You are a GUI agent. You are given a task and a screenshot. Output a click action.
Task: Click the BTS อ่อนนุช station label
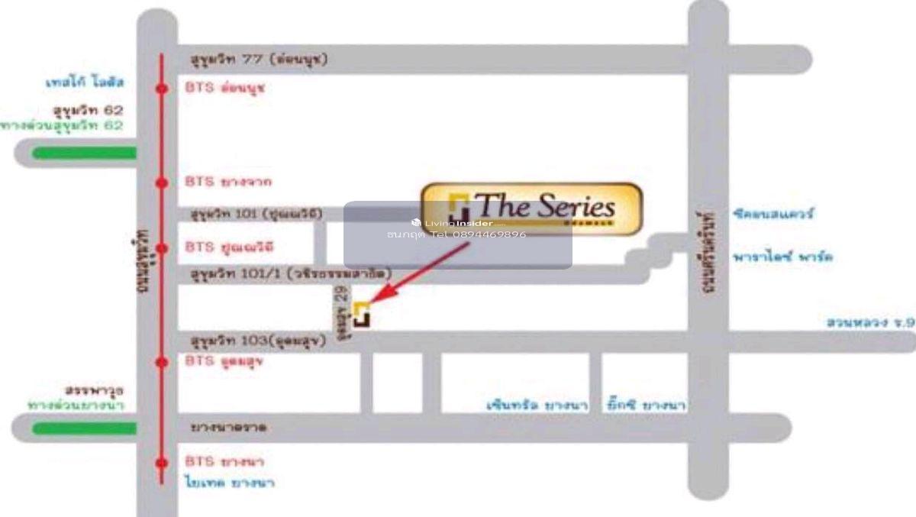224,88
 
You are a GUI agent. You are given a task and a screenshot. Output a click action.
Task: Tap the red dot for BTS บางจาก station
162,183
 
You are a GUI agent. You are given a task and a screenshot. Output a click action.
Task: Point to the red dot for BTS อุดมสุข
162,362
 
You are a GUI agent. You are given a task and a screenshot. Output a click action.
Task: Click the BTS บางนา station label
224,462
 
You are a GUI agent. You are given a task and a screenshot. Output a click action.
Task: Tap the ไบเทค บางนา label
229,483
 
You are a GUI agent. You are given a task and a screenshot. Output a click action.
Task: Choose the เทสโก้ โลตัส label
85,82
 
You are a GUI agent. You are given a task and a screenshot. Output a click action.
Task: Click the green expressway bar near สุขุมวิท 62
84,153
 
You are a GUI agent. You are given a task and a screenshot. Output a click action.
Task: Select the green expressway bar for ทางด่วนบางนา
84,428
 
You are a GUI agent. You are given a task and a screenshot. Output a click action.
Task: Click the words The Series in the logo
544,206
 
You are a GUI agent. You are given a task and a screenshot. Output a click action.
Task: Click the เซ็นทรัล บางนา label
537,406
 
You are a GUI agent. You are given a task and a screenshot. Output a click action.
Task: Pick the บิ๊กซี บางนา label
645,404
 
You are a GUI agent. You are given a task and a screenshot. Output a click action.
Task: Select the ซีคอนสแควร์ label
771,215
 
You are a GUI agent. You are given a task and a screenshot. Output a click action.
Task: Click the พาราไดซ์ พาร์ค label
781,257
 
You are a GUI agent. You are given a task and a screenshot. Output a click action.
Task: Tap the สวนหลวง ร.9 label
870,323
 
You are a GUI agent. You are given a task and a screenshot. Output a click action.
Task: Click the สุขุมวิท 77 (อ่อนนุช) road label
259,60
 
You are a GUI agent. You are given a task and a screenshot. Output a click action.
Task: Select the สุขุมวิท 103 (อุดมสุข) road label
259,341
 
